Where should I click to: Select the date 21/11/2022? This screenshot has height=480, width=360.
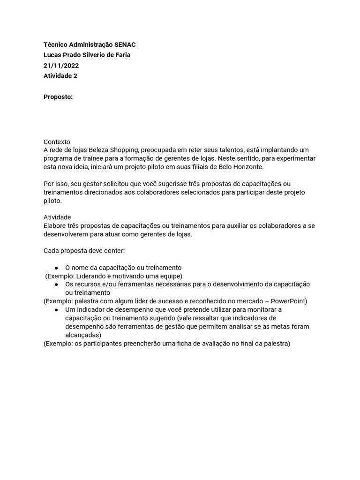(60, 65)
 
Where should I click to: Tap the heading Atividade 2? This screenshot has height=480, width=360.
(60, 76)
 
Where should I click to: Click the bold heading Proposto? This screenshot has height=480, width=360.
(58, 97)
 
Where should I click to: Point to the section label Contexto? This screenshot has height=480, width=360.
(57, 141)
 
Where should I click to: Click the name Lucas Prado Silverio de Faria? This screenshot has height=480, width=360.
(87, 55)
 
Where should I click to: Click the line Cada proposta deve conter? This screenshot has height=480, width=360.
(84, 250)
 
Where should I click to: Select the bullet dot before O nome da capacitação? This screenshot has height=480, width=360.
(56, 268)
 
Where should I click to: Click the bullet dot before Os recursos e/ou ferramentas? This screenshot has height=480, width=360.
(56, 285)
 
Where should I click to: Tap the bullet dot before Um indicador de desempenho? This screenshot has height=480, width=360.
(56, 310)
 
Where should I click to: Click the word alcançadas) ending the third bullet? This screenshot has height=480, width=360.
(83, 335)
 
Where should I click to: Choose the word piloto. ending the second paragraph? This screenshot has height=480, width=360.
(52, 201)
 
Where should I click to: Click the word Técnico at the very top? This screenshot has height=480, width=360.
(55, 45)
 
